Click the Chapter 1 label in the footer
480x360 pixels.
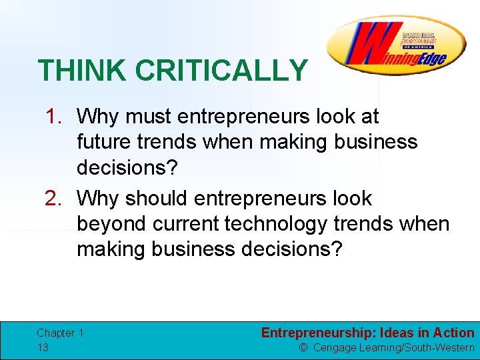tap(60, 333)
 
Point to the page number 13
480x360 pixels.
tap(43, 347)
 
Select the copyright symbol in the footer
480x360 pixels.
tap(303, 348)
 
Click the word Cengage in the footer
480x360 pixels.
tap(335, 348)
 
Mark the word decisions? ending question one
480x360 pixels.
tap(127, 167)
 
